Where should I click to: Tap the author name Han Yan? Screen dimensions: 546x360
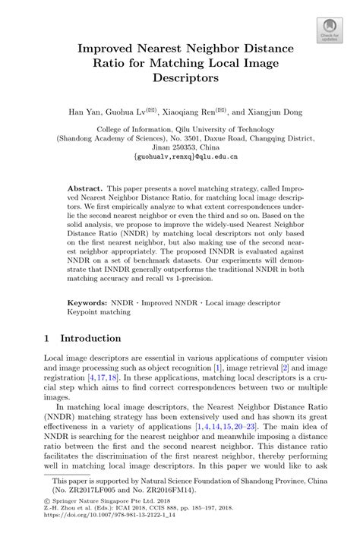(x=85, y=112)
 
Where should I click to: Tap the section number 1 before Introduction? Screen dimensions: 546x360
(x=47, y=338)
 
